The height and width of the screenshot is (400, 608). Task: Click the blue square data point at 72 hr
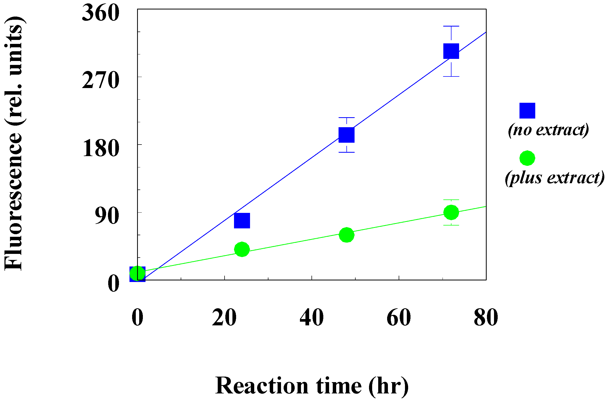point(451,51)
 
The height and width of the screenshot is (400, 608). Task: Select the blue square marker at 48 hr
point(346,135)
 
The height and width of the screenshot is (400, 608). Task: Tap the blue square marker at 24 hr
point(242,220)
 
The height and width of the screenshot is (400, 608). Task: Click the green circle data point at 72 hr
point(451,212)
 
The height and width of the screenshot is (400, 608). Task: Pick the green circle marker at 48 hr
point(346,235)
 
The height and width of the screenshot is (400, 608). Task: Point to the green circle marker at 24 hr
point(242,249)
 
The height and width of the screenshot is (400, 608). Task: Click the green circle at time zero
point(137,273)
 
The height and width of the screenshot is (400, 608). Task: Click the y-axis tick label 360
point(101,13)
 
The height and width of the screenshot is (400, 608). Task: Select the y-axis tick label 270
point(101,81)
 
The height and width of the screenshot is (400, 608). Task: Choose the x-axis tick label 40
point(311,317)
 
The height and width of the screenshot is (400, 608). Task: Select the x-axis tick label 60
point(399,317)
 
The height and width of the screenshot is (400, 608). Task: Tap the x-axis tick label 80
point(486,317)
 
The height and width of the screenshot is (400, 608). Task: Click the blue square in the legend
point(527,111)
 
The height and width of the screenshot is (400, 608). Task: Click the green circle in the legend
point(527,158)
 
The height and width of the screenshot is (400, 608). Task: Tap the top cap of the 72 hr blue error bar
point(451,26)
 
